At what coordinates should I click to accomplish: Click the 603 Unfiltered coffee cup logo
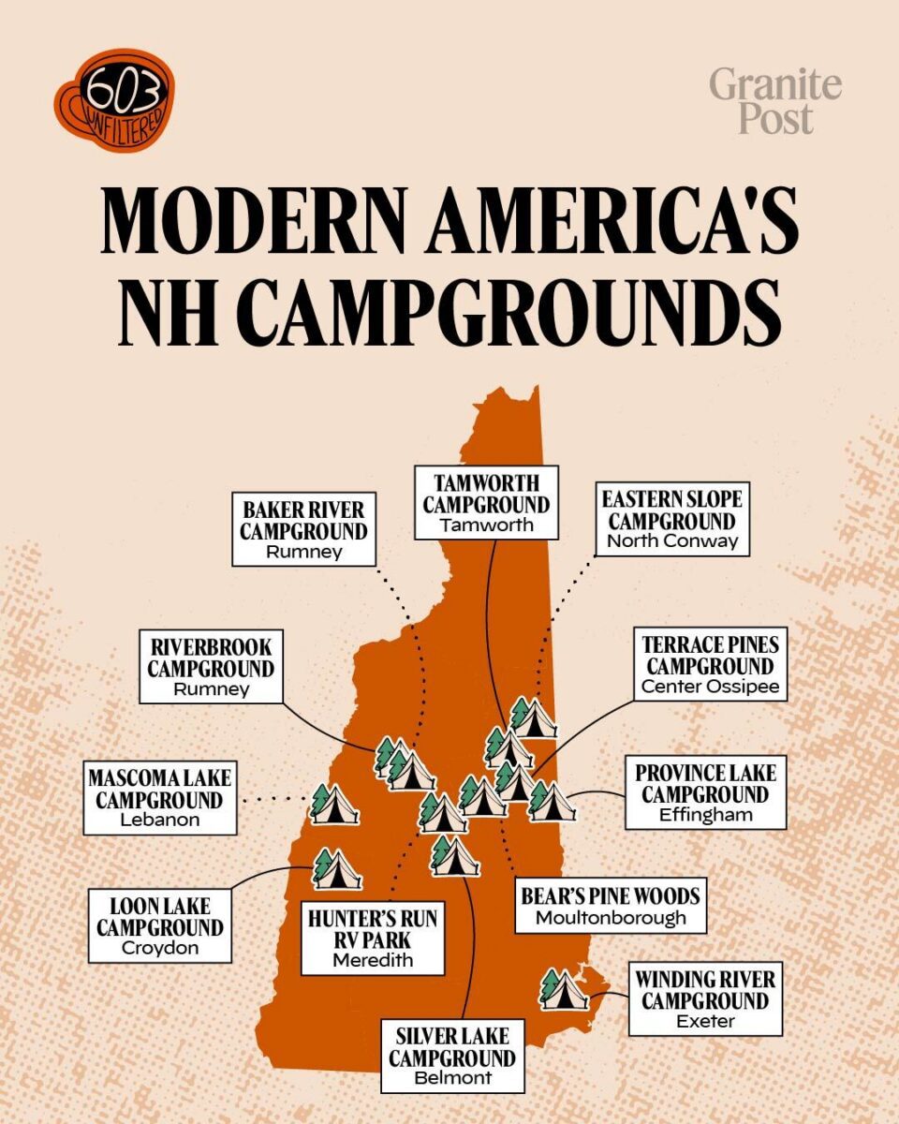pyautogui.click(x=113, y=91)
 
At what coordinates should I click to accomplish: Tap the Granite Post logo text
pyautogui.click(x=775, y=101)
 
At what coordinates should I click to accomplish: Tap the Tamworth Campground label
pyautogui.click(x=487, y=503)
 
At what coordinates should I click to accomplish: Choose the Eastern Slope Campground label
pyautogui.click(x=671, y=520)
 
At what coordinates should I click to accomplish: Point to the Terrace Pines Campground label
pyautogui.click(x=709, y=665)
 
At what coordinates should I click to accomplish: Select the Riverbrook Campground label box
pyautogui.click(x=211, y=668)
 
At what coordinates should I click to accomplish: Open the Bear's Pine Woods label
pyautogui.click(x=610, y=905)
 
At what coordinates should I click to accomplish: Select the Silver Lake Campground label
pyautogui.click(x=452, y=1057)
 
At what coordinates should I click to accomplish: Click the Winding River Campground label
pyautogui.click(x=705, y=999)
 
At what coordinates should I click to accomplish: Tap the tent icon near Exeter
pyautogui.click(x=565, y=990)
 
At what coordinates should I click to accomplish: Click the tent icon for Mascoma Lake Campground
pyautogui.click(x=333, y=805)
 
